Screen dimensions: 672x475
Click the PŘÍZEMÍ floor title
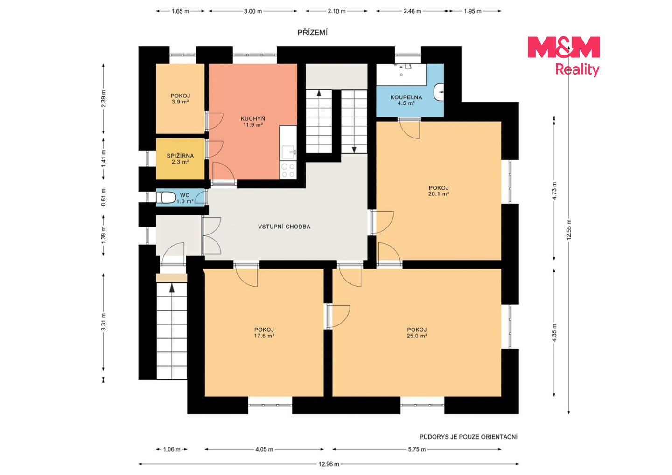coord(312,33)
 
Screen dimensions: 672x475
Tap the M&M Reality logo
coord(563,56)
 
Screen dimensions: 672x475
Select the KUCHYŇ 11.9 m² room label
coord(252,122)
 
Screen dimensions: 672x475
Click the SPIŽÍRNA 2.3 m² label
coord(180,159)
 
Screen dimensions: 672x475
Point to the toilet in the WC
coord(166,198)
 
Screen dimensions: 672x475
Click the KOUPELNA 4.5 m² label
coord(406,100)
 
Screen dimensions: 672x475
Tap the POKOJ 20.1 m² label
coord(439,191)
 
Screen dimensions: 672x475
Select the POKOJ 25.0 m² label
coord(417,333)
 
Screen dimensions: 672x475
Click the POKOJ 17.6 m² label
coord(264,333)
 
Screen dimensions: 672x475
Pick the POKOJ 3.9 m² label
coord(180,99)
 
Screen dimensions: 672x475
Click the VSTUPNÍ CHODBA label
coord(284,227)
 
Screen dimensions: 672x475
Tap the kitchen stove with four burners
coord(288,170)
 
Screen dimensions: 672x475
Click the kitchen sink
coord(288,152)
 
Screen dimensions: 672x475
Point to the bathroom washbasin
coord(439,92)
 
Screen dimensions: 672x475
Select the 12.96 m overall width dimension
coord(329,464)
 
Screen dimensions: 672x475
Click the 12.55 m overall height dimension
coord(569,229)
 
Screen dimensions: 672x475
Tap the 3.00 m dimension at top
coord(253,11)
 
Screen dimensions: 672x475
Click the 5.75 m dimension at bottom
coord(417,449)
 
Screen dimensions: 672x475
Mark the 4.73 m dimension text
coord(554,191)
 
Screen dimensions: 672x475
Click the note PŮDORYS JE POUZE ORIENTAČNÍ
coord(469,437)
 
